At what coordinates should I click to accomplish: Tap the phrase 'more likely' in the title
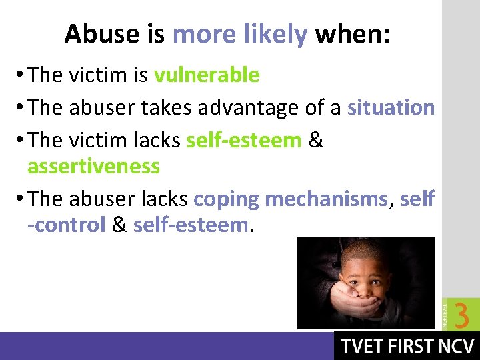[239, 34]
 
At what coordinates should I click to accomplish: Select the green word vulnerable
[207, 75]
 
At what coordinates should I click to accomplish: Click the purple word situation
[391, 107]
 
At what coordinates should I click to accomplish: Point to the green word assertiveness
[93, 165]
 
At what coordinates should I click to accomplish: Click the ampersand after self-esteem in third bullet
[317, 140]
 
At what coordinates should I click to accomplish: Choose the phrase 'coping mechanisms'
[290, 199]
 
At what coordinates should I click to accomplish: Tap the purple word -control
[67, 225]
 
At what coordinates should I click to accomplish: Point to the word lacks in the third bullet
[158, 140]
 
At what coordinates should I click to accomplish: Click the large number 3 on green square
[461, 315]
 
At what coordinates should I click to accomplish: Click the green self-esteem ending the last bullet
[190, 225]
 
